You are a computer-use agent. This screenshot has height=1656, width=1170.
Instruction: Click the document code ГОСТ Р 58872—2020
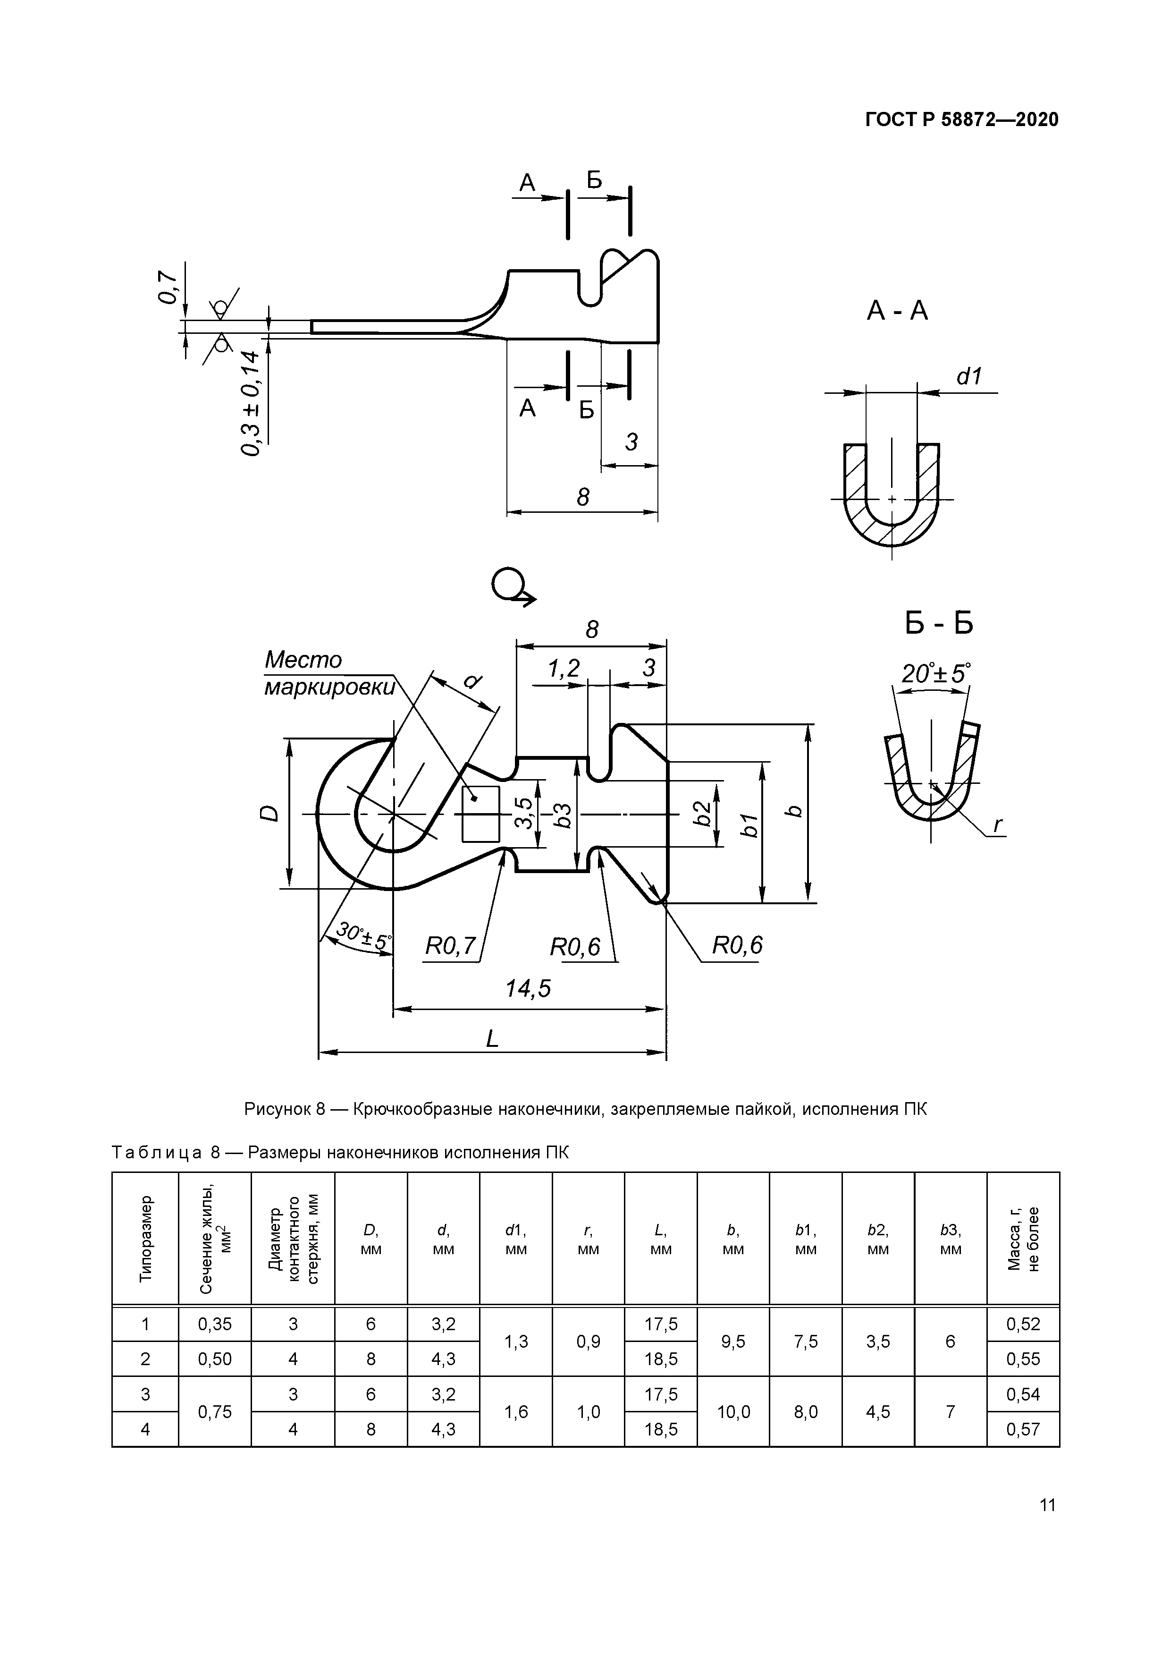(962, 120)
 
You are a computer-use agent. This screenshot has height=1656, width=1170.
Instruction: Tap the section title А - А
(897, 311)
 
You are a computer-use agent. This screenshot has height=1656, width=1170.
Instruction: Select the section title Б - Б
(939, 623)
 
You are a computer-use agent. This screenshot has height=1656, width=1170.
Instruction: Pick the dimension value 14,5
(528, 988)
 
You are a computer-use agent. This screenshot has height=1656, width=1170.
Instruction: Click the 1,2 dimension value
(564, 669)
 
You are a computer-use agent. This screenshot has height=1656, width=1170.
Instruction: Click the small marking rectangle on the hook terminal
(481, 814)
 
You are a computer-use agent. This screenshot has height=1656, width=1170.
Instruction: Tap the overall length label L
(492, 1039)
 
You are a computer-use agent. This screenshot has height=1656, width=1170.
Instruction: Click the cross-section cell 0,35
(215, 1324)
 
